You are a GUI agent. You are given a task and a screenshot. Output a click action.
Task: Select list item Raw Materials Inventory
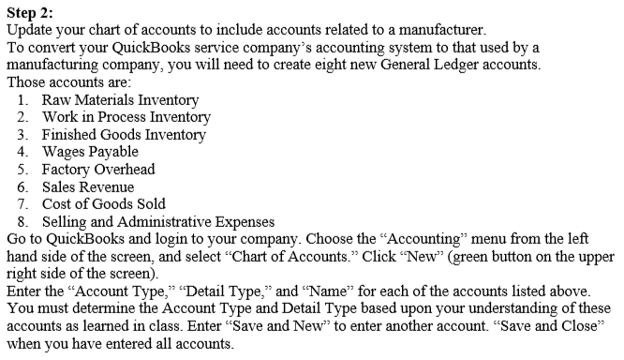pyautogui.click(x=120, y=99)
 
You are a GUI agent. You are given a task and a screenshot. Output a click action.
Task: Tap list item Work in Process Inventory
pyautogui.click(x=126, y=117)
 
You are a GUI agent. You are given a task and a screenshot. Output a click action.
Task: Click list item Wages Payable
pyautogui.click(x=90, y=152)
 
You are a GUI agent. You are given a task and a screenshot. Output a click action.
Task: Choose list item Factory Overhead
pyautogui.click(x=98, y=170)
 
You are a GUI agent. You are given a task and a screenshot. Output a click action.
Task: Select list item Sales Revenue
pyautogui.click(x=88, y=187)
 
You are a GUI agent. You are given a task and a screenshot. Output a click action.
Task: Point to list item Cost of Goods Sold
pyautogui.click(x=104, y=203)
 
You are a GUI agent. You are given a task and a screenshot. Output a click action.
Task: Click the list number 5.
pyautogui.click(x=22, y=170)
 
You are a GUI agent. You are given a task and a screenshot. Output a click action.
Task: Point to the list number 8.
pyautogui.click(x=22, y=221)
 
